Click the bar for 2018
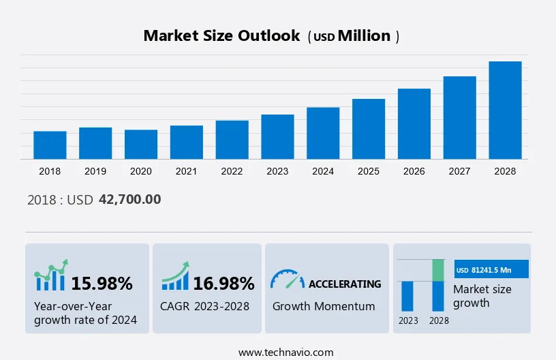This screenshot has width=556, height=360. pyautogui.click(x=50, y=145)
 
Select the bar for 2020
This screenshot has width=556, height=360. pyautogui.click(x=141, y=144)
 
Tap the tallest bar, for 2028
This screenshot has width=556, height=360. pyautogui.click(x=505, y=110)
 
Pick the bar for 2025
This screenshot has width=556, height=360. pyautogui.click(x=369, y=129)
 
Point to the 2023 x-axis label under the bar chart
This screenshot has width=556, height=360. pyautogui.click(x=277, y=171)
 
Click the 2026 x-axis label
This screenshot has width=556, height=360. pyautogui.click(x=414, y=171)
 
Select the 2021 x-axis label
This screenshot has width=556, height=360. pyautogui.click(x=186, y=171)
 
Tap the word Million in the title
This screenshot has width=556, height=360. pyautogui.click(x=365, y=36)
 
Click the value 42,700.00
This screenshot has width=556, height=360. pyautogui.click(x=129, y=200)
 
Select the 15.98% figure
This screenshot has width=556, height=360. pyautogui.click(x=102, y=283)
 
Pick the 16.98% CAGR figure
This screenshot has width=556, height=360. pyautogui.click(x=223, y=283)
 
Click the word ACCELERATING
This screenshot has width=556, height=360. pyautogui.click(x=345, y=284)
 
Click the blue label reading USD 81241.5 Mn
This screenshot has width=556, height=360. pyautogui.click(x=491, y=270)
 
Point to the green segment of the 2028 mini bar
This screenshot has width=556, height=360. pyautogui.click(x=438, y=270)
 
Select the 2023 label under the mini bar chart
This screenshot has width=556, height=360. pyautogui.click(x=408, y=320)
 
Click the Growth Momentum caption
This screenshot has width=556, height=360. pyautogui.click(x=324, y=306)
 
